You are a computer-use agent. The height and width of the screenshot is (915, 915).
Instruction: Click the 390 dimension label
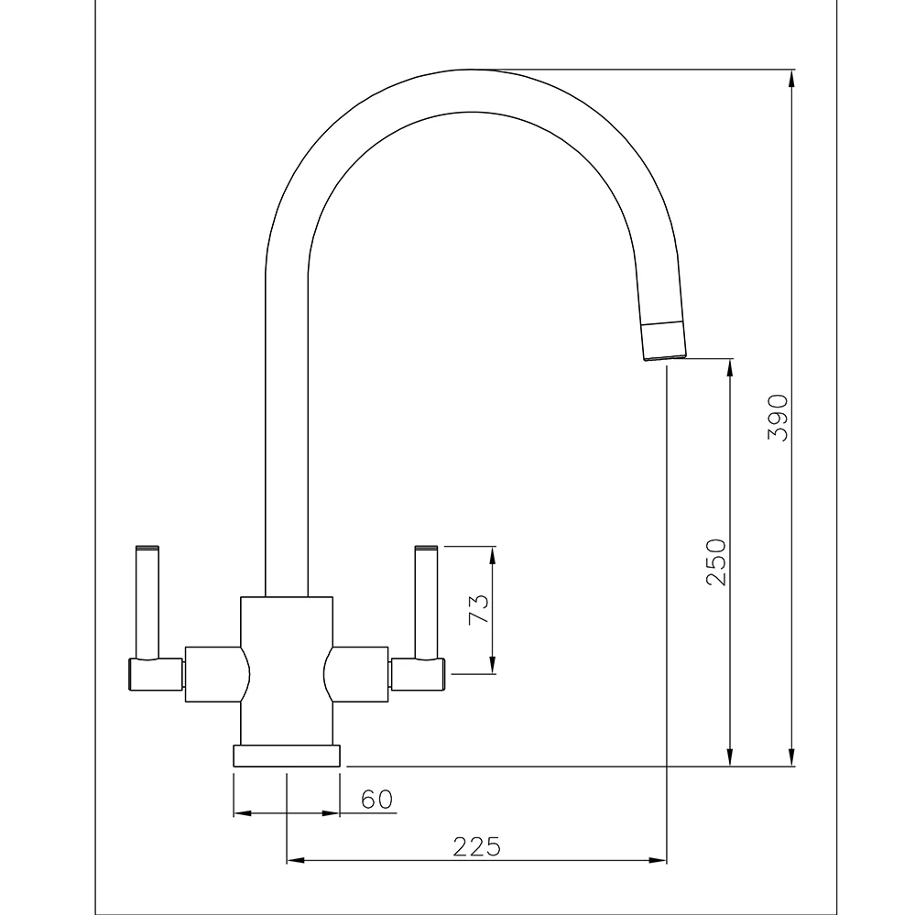tap(778, 418)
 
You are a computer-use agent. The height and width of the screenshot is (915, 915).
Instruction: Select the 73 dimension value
tap(478, 609)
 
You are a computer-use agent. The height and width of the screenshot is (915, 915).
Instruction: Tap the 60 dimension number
tap(376, 800)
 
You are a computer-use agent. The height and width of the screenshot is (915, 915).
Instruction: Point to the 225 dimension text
tap(477, 847)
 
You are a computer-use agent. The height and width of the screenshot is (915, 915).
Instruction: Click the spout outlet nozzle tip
tap(664, 341)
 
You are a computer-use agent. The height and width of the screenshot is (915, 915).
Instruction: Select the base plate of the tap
tap(287, 756)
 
